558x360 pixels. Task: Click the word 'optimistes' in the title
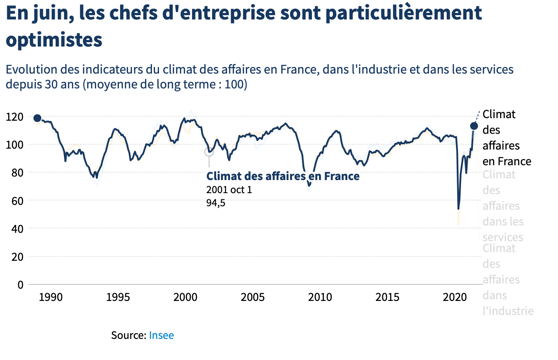53,42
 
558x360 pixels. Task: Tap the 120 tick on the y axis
14,117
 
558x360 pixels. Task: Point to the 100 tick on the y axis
14,145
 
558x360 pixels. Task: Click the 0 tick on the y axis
20,285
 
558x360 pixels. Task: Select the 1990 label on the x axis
50,298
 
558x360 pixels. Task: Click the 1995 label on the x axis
117,298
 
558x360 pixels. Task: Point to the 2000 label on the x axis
185,298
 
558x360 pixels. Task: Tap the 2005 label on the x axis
252,298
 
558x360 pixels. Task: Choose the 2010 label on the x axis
320,298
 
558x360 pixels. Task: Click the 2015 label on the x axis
387,298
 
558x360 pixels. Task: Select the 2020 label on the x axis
454,298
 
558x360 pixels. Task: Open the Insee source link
161,335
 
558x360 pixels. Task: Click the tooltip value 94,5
216,202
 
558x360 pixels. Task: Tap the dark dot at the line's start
37,119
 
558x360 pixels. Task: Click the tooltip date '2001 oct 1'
230,189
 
